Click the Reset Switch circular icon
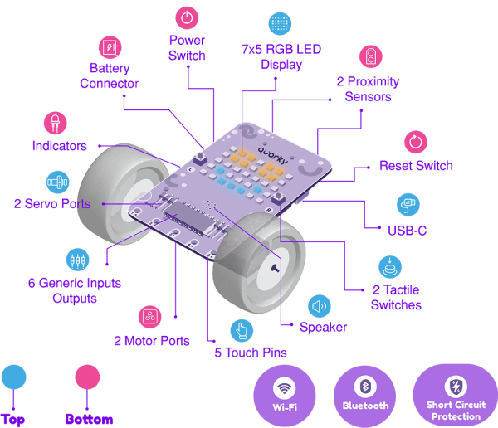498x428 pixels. tap(416, 140)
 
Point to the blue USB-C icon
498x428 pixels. tap(406, 203)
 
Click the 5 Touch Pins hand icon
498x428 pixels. tap(241, 329)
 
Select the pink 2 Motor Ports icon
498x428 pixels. tap(149, 317)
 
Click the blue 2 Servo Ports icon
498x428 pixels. tap(56, 181)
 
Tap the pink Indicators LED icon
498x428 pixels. tap(56, 122)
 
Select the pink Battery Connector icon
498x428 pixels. tap(110, 46)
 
